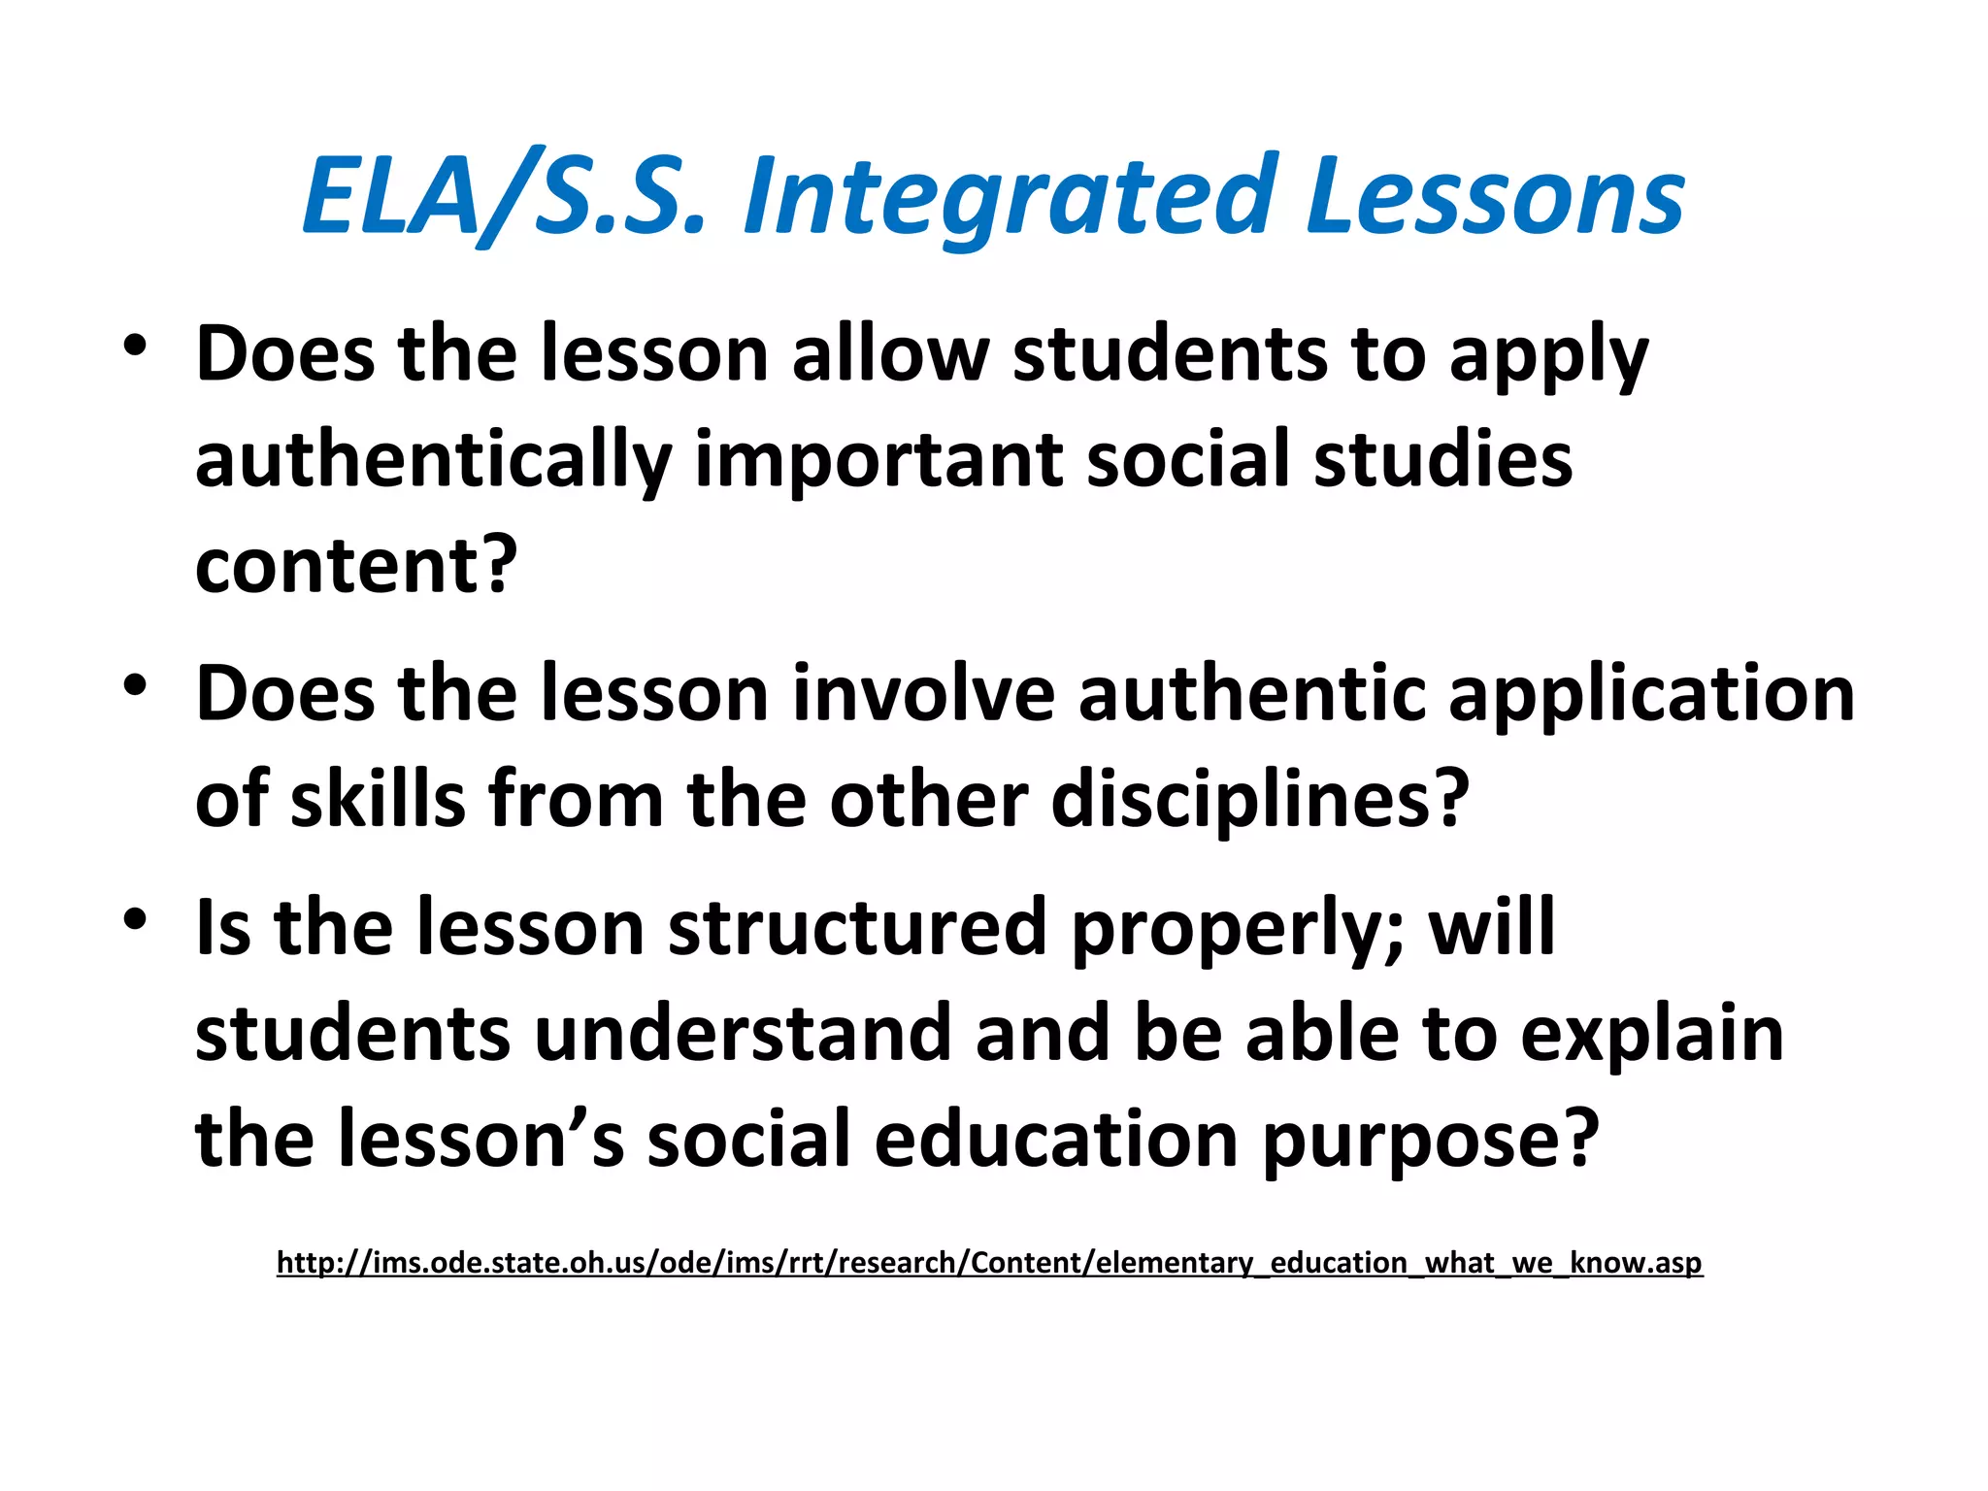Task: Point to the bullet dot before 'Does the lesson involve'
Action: click(x=135, y=685)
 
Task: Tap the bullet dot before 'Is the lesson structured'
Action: click(x=135, y=918)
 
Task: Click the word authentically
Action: click(x=433, y=460)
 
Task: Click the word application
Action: click(x=1650, y=695)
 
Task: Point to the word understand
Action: click(x=743, y=1033)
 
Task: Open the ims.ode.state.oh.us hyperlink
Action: click(x=989, y=1262)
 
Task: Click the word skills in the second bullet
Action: click(x=379, y=800)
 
